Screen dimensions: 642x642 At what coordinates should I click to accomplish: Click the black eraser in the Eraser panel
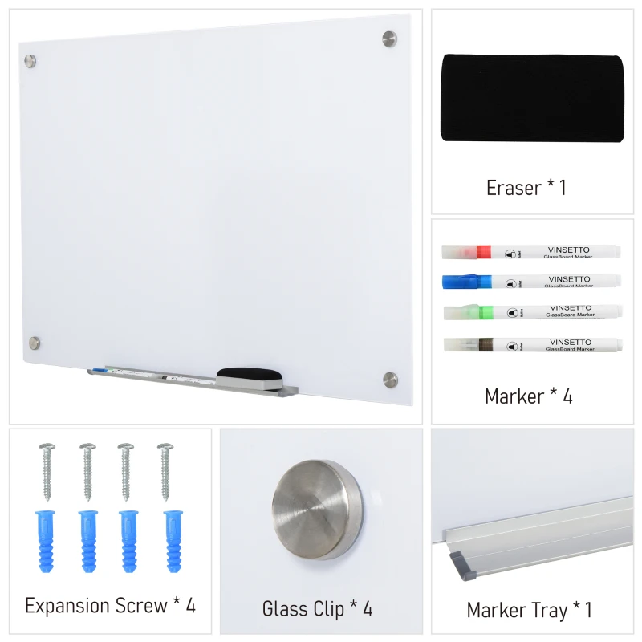pyautogui.click(x=532, y=99)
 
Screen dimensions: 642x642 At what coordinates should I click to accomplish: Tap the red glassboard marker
pyautogui.click(x=530, y=252)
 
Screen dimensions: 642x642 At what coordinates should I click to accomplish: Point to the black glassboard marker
pyautogui.click(x=531, y=345)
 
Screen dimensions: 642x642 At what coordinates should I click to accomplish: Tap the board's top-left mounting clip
pyautogui.click(x=31, y=60)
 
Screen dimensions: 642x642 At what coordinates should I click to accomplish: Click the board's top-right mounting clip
pyautogui.click(x=389, y=39)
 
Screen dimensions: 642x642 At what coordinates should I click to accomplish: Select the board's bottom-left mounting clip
pyautogui.click(x=35, y=343)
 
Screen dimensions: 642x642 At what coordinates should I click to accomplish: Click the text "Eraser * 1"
pyautogui.click(x=526, y=188)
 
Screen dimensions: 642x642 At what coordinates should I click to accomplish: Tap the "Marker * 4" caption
pyautogui.click(x=528, y=396)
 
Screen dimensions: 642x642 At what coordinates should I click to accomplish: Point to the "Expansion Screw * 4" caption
pyautogui.click(x=110, y=605)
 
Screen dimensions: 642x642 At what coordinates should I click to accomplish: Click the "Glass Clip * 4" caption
pyautogui.click(x=317, y=608)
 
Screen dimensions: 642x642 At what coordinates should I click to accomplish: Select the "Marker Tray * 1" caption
pyautogui.click(x=529, y=610)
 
